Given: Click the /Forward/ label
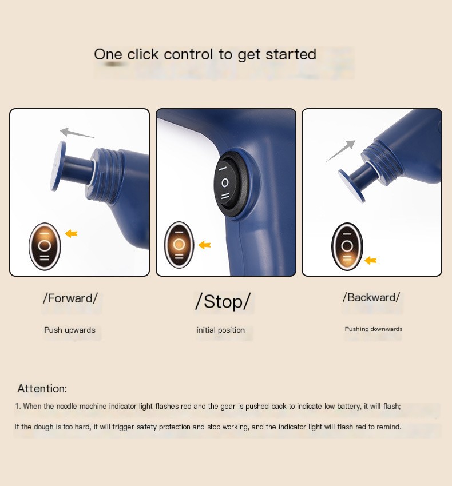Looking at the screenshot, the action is pyautogui.click(x=70, y=298).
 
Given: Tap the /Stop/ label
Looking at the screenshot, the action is pyautogui.click(x=223, y=301).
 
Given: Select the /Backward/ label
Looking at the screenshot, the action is pyautogui.click(x=371, y=297).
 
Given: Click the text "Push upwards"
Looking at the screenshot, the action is pyautogui.click(x=70, y=330).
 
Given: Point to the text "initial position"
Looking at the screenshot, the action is pyautogui.click(x=221, y=330).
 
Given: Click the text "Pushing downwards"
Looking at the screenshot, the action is pyautogui.click(x=374, y=329).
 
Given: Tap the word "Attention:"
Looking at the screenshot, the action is pyautogui.click(x=42, y=388).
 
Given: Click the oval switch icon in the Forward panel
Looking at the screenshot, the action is pyautogui.click(x=45, y=246).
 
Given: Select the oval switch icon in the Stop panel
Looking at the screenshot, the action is pyautogui.click(x=179, y=245).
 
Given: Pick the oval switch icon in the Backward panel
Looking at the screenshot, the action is pyautogui.click(x=347, y=247).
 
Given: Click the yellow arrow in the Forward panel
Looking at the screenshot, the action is pyautogui.click(x=72, y=233).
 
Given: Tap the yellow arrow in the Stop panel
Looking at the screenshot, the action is pyautogui.click(x=205, y=245).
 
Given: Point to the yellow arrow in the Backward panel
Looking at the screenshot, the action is pyautogui.click(x=370, y=260).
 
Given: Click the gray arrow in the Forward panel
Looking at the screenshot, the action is pyautogui.click(x=77, y=133).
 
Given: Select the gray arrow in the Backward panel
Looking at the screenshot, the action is pyautogui.click(x=340, y=151).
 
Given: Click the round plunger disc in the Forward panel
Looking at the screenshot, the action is pyautogui.click(x=58, y=166).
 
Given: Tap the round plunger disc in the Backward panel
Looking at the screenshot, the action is pyautogui.click(x=351, y=186).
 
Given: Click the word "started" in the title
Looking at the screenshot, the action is pyautogui.click(x=291, y=54).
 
